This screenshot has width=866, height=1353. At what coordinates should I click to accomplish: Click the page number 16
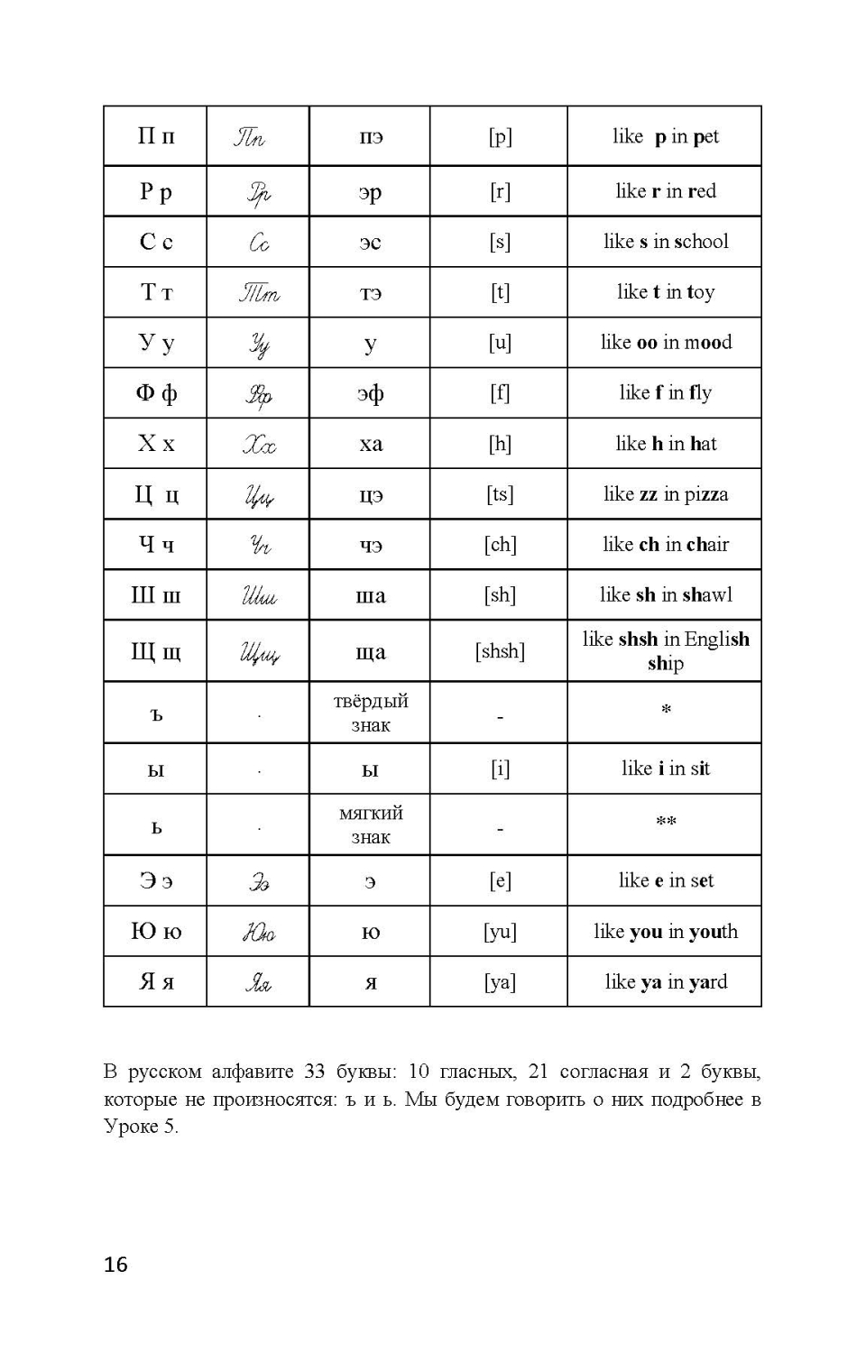pos(115,1265)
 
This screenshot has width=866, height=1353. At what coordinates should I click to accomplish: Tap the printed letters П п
pos(156,136)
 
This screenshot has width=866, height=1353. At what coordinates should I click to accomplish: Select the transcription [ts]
pos(499,494)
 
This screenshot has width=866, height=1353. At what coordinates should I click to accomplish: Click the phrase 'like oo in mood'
pos(666,343)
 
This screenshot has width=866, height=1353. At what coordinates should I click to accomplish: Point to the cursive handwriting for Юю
pos(258,932)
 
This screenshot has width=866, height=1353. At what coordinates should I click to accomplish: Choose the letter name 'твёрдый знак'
pos(371,713)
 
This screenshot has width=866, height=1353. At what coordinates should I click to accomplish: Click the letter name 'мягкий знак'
pos(371,824)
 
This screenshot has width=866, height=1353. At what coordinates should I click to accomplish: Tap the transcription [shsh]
pos(499,651)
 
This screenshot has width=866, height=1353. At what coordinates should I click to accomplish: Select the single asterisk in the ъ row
pos(666,710)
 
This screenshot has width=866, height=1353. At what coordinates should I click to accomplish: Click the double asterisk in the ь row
pos(666,822)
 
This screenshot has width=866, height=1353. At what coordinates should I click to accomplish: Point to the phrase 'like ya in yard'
pos(666,982)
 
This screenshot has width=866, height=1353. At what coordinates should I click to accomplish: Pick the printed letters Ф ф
pos(156,393)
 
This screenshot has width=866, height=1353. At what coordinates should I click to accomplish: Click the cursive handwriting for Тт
pos(259,293)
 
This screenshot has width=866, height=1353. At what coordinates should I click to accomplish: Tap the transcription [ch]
pos(499,545)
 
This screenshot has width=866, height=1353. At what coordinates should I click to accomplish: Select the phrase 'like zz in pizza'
pos(666,494)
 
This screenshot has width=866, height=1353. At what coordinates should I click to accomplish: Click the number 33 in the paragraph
pos(314,1072)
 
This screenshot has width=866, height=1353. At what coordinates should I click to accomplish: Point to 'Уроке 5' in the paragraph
pos(141,1127)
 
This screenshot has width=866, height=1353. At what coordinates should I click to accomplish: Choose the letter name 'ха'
pos(371,444)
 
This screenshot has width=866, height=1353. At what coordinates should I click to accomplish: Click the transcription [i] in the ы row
pos(499,769)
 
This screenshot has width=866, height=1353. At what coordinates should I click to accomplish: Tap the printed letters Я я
pos(156,982)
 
